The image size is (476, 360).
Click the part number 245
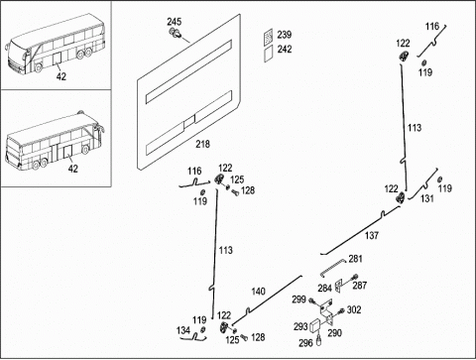[175, 22]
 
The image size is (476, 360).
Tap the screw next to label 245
[176, 33]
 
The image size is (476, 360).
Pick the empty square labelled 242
[269, 53]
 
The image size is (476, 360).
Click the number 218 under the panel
[202, 144]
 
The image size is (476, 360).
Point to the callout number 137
[372, 235]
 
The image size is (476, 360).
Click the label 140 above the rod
[258, 292]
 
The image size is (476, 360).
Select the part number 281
[355, 259]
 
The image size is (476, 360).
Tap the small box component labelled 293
[316, 325]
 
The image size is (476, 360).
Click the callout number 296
[305, 343]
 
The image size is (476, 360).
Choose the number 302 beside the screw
[354, 309]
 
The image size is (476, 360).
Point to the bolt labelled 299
[312, 301]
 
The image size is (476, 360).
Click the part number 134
[183, 330]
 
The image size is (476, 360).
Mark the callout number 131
[427, 198]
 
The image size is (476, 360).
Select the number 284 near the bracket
[325, 288]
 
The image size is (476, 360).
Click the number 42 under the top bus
[61, 76]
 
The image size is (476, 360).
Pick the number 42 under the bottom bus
[73, 169]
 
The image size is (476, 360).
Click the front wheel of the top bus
[39, 67]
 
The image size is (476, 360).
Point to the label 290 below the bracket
[334, 332]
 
